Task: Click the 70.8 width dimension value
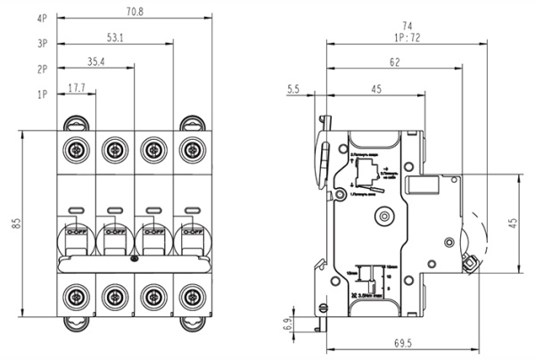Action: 135,12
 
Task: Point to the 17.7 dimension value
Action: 77,87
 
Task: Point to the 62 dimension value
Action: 394,62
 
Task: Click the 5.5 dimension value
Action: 293,88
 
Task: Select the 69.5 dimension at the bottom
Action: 404,342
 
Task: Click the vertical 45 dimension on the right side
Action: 513,222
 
